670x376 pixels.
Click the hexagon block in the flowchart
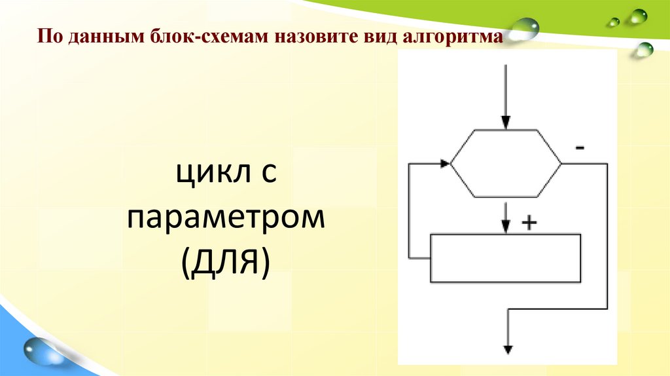coord(505,163)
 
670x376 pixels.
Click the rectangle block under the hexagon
coord(505,257)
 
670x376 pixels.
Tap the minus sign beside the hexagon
coord(580,148)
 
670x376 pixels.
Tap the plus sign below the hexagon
coord(529,223)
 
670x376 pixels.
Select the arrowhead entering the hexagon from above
coord(505,122)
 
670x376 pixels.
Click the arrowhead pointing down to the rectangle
coord(505,225)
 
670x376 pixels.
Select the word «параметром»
coord(226,219)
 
